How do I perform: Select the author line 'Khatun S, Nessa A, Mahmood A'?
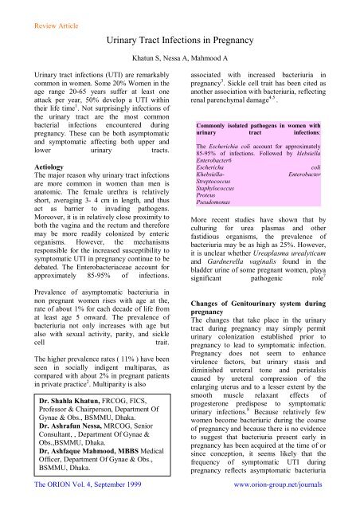[179, 61]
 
